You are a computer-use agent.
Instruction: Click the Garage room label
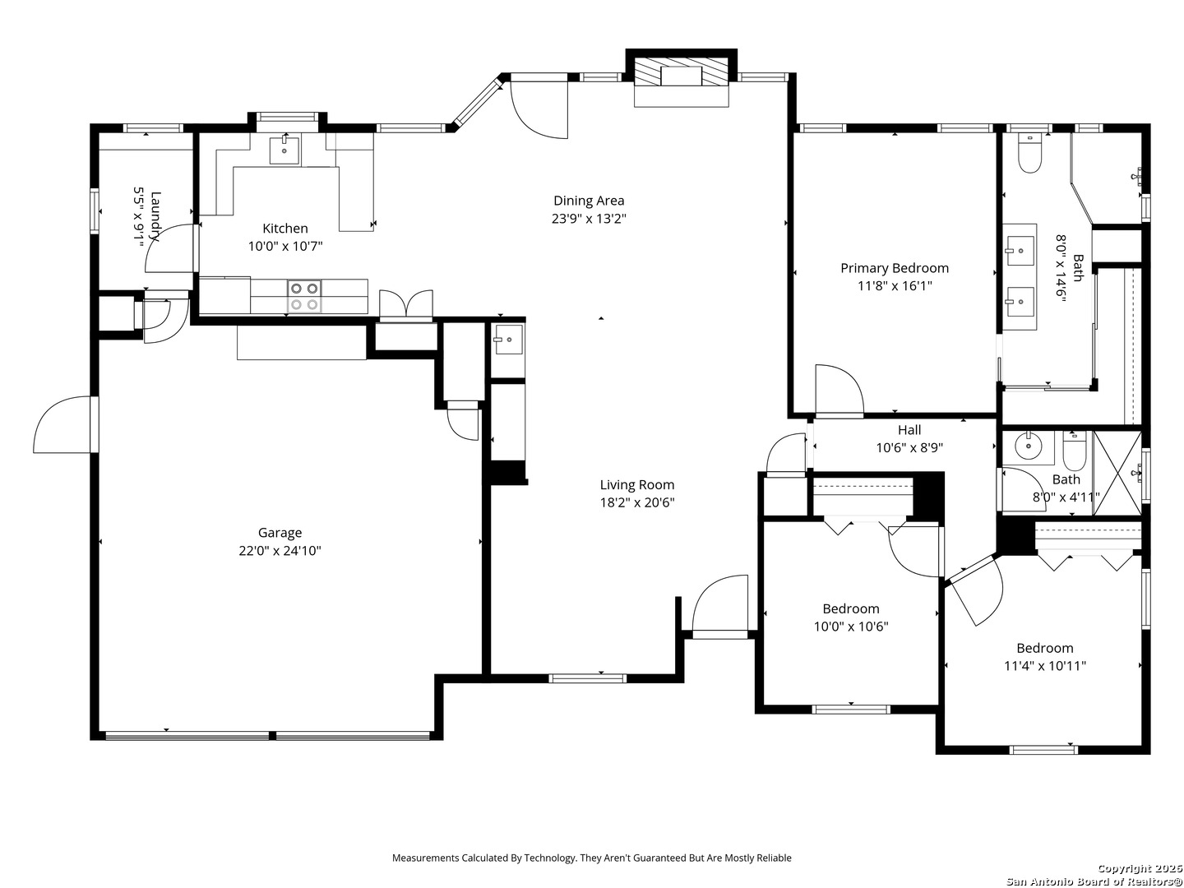(x=280, y=533)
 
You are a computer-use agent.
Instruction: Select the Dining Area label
(x=588, y=201)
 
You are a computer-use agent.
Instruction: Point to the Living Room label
(x=636, y=485)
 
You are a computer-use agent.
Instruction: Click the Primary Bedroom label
(x=894, y=268)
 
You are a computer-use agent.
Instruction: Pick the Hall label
(x=909, y=430)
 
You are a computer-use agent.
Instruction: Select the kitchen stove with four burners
(x=304, y=296)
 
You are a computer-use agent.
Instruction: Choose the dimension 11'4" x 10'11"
(x=1044, y=666)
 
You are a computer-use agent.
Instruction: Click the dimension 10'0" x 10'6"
(x=850, y=627)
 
